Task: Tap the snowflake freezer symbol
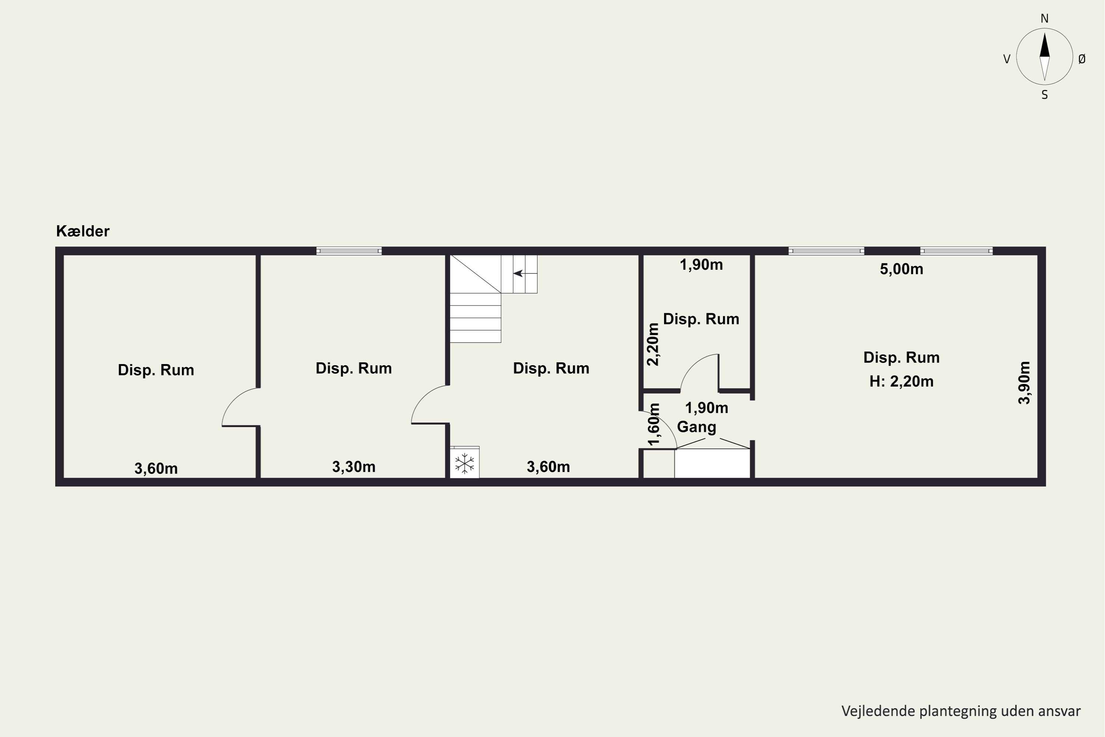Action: (464, 464)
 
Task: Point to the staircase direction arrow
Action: (518, 273)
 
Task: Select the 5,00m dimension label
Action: (901, 269)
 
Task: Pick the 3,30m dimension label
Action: (354, 467)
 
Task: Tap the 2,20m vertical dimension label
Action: (653, 344)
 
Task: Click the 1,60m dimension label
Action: (653, 424)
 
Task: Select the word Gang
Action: (696, 427)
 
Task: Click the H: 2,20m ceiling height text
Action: (901, 381)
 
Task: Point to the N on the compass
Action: (1044, 19)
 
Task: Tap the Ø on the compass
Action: (1082, 59)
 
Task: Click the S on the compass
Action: (1044, 95)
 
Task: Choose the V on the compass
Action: (1007, 59)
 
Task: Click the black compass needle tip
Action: (1044, 32)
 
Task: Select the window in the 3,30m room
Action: (348, 251)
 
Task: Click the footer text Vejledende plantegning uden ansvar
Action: (961, 711)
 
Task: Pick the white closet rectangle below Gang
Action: (712, 464)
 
